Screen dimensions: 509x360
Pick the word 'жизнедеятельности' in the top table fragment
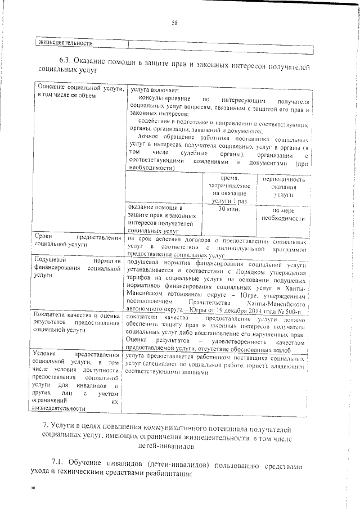point(63,43)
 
